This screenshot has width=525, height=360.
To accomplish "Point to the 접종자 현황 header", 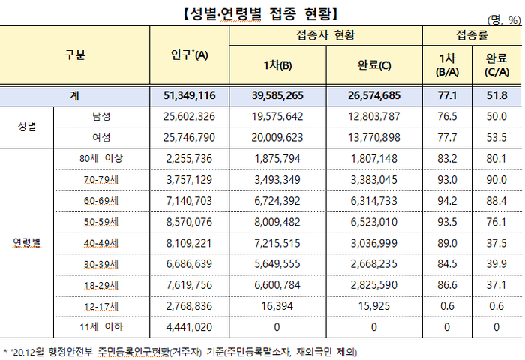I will [326, 35].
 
